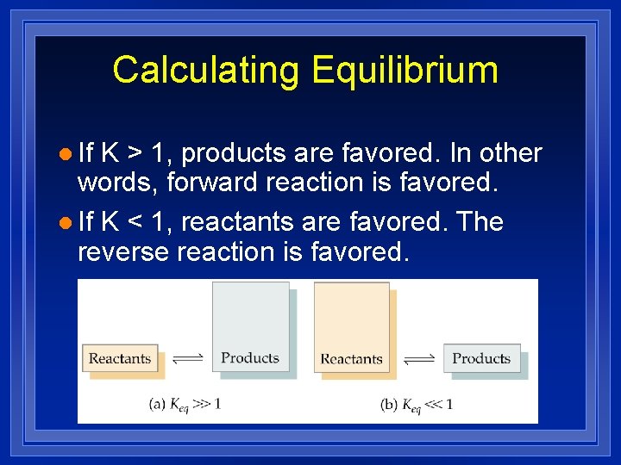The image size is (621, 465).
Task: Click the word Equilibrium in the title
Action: tap(405, 70)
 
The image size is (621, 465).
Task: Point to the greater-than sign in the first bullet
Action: tap(135, 154)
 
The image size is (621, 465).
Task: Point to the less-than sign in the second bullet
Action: tap(135, 223)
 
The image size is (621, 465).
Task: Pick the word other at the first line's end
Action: tap(510, 153)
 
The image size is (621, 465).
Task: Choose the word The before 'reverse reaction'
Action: tap(480, 222)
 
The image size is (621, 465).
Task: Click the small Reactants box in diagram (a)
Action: tap(120, 358)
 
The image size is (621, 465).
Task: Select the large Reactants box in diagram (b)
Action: tap(351, 327)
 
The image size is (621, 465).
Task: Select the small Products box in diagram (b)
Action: tap(481, 358)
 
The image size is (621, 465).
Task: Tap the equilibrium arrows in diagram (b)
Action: tap(417, 358)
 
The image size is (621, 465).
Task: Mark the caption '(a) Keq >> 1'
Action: tap(185, 403)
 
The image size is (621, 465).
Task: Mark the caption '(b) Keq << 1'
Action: tap(417, 403)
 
